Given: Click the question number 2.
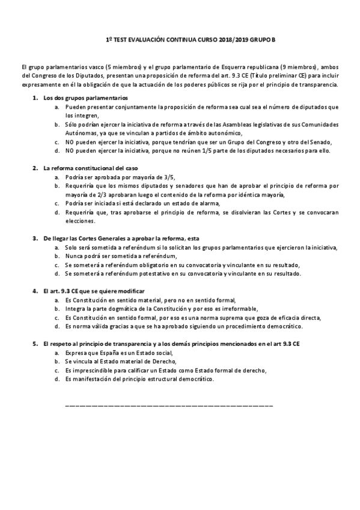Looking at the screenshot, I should (35, 169).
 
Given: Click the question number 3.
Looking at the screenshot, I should (35, 239).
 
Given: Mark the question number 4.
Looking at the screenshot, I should (35, 291).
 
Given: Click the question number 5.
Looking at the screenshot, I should (35, 343).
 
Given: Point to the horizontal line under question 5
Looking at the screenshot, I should (168, 407).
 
